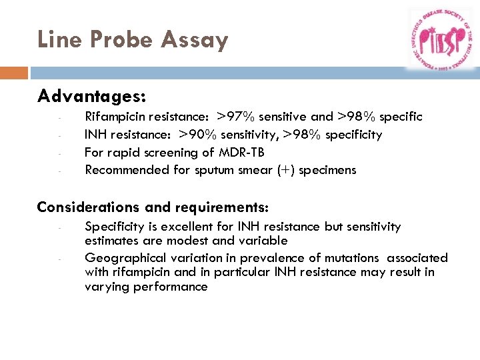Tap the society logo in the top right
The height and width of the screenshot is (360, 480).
coord(440,39)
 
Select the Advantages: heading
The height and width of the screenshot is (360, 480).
coord(91,97)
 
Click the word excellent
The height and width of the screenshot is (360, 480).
coord(166,227)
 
